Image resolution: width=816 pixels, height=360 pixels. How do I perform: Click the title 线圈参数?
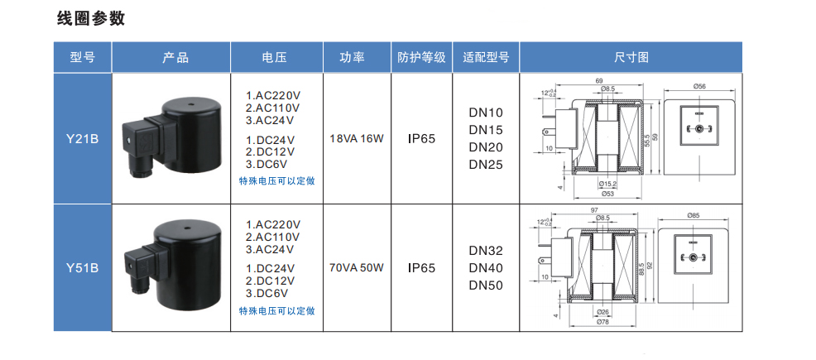pos(91,19)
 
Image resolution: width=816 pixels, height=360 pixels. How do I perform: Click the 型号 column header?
pos(83,58)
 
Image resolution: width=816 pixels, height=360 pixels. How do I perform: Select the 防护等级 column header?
pos(421,58)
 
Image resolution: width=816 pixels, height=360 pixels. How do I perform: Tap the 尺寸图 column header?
pos(631,58)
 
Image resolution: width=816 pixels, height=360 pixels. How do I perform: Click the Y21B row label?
pos(83,139)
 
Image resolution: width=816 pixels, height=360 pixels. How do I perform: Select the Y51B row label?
pos(83,268)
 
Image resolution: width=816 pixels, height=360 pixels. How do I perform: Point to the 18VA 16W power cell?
pos(357,138)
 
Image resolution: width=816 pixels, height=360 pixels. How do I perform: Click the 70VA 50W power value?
pos(357,268)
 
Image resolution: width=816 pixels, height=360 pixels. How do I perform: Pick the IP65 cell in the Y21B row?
pos(421,138)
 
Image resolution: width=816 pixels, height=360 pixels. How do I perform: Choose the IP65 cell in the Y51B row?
pos(421,268)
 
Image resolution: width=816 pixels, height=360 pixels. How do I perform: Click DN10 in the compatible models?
pos(486,113)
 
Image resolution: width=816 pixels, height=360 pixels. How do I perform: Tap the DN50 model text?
pos(486,286)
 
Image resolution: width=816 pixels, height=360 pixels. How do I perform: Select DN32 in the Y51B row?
pos(486,251)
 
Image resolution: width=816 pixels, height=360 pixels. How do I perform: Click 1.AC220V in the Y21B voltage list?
pos(274,95)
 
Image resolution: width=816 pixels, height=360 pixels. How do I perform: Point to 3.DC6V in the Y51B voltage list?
pos(267,293)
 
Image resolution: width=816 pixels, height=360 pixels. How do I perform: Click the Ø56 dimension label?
pos(698,87)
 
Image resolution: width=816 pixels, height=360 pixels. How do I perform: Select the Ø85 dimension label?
pos(694,216)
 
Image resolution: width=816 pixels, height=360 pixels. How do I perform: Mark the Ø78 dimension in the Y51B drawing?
pos(603,322)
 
